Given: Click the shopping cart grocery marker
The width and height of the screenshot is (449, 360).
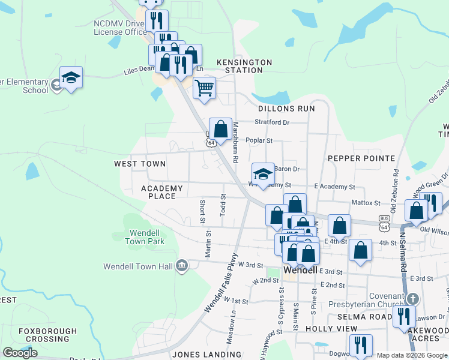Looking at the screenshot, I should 205,88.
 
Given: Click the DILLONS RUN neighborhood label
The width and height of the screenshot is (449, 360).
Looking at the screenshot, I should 286,109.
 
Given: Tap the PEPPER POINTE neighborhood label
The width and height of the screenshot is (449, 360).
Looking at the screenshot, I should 361,158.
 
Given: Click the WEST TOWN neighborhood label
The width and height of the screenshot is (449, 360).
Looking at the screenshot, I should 140,164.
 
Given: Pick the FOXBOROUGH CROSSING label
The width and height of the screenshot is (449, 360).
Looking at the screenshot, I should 47,335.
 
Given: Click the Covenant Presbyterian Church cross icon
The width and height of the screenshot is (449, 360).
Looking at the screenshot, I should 412,298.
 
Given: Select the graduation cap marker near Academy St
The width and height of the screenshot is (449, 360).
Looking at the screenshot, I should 263,174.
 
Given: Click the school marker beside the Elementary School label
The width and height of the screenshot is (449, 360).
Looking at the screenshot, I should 71,77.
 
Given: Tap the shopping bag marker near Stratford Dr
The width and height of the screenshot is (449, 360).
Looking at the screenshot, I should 221,128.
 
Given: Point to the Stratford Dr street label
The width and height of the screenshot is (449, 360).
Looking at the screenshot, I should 272,122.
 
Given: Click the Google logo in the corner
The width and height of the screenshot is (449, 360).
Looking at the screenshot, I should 20,353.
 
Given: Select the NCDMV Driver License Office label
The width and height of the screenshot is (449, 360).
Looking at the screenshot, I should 120,28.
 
